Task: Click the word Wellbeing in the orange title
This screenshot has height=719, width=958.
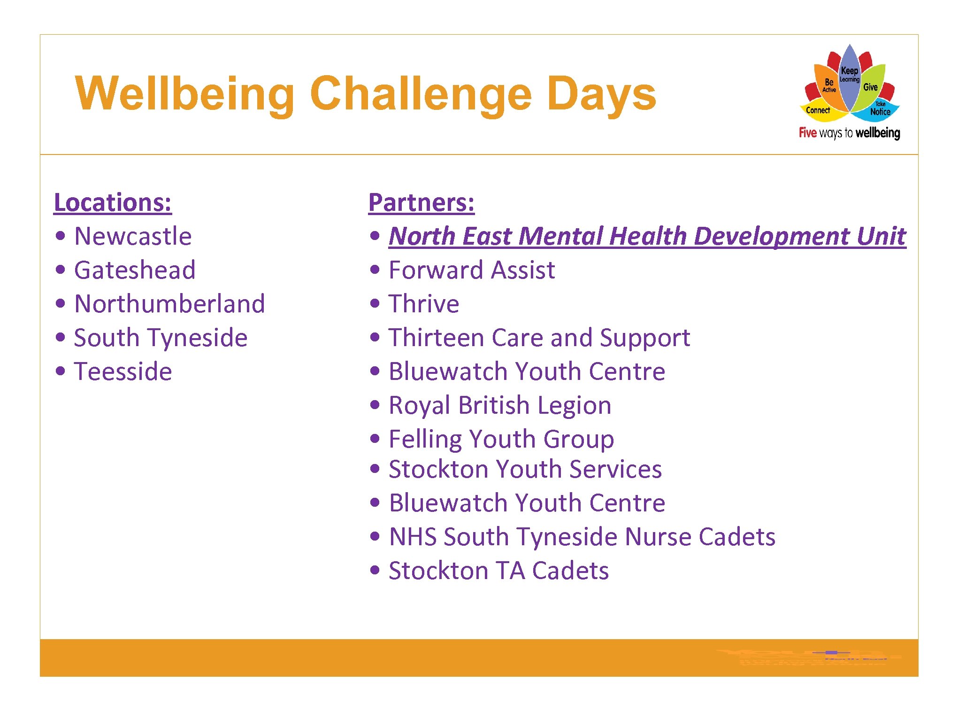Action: point(185,94)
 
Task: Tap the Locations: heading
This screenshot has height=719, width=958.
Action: point(113,203)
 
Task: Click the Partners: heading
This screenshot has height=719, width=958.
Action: point(421,203)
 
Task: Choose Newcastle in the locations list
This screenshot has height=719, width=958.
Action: point(133,236)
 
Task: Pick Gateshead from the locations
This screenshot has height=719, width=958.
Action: point(135,270)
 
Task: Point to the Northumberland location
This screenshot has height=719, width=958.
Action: point(169,304)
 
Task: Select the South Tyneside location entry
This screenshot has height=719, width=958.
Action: point(161,338)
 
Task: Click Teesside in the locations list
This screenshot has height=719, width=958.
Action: point(123,371)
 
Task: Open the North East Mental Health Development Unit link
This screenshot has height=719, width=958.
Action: point(647,236)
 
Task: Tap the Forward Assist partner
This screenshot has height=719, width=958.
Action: point(472,270)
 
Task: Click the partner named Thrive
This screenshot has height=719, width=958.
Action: point(424,304)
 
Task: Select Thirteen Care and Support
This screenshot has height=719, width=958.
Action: point(539,338)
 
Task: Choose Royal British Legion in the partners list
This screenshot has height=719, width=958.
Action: point(500,405)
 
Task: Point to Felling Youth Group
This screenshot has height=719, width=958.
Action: point(501,439)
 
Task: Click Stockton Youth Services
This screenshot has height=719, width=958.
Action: point(525,469)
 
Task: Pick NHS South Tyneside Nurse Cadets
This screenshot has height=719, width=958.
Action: point(582,537)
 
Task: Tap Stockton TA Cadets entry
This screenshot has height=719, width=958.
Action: point(498,571)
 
